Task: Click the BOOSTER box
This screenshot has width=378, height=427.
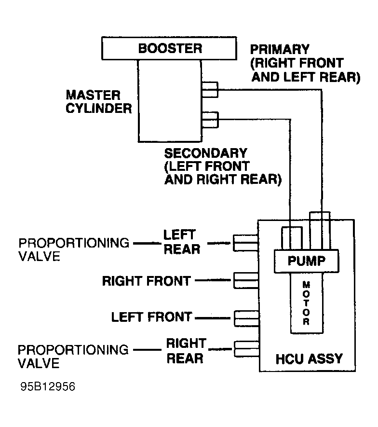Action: point(169,48)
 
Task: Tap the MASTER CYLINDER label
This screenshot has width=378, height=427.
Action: point(99,102)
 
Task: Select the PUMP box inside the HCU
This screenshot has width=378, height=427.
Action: point(307,261)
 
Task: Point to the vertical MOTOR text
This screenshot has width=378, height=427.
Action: point(306,303)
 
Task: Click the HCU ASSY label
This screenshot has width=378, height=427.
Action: point(309,358)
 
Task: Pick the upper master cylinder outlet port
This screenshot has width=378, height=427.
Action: point(210,90)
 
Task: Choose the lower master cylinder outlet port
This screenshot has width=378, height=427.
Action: point(210,120)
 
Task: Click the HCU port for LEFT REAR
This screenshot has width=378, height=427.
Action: point(246,243)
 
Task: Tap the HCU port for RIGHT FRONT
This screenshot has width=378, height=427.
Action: point(246,280)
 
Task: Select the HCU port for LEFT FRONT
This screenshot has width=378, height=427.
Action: point(246,318)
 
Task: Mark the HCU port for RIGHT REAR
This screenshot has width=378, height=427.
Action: point(246,348)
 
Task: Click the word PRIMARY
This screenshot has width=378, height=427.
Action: point(280,49)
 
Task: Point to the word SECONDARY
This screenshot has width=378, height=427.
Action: point(206,153)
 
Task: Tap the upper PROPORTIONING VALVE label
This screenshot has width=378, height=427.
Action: point(74,249)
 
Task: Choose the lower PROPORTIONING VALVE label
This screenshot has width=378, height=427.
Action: point(73,357)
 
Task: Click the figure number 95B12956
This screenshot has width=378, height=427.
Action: point(48,386)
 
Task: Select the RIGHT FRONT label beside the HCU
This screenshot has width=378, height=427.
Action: point(147,281)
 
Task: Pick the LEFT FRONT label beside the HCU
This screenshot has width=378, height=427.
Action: point(151,317)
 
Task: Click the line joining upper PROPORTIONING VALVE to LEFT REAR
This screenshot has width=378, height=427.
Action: point(147,243)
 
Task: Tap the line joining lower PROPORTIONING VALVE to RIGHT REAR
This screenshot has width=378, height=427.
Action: point(147,350)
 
